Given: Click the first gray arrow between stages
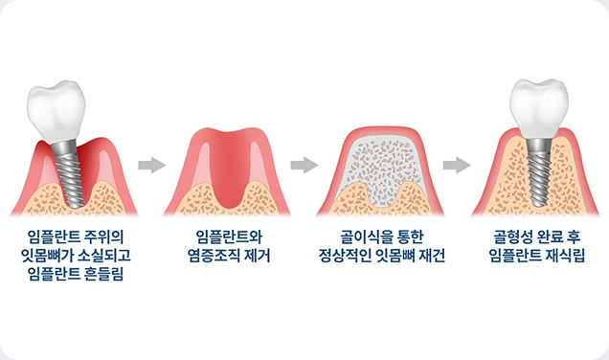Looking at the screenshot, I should (x=151, y=166).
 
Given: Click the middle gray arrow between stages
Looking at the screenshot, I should (x=304, y=166).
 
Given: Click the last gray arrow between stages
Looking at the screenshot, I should (x=457, y=166).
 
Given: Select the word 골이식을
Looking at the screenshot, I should (x=354, y=236).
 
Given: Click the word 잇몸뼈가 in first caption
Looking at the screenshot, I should (x=52, y=256).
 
